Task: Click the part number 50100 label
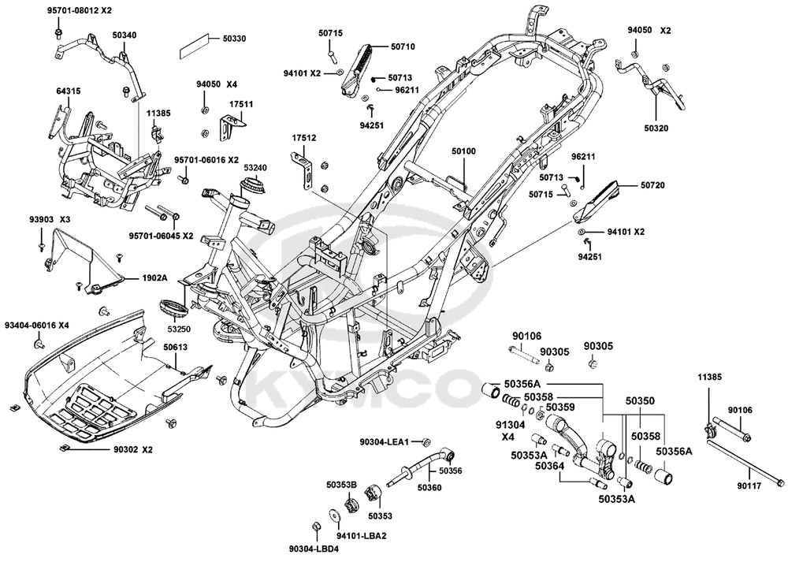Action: click(463, 151)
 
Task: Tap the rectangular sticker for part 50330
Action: click(194, 46)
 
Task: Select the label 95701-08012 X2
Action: click(80, 10)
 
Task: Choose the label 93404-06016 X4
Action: click(37, 326)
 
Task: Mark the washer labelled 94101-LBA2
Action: click(333, 516)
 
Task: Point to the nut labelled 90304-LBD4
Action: click(317, 526)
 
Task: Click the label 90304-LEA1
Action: click(385, 442)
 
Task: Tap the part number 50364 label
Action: click(550, 466)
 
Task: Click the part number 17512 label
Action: click(304, 137)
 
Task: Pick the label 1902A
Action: click(154, 277)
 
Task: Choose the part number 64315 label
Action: click(69, 91)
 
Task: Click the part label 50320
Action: click(656, 128)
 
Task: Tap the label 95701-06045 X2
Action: click(162, 236)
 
